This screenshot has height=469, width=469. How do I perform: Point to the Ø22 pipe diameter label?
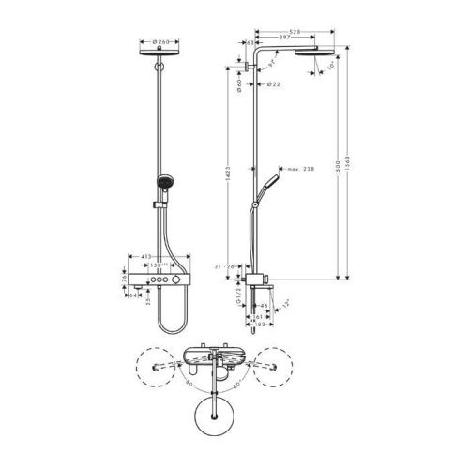pos(271,85)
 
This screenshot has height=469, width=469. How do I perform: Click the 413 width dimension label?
pos(146,256)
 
